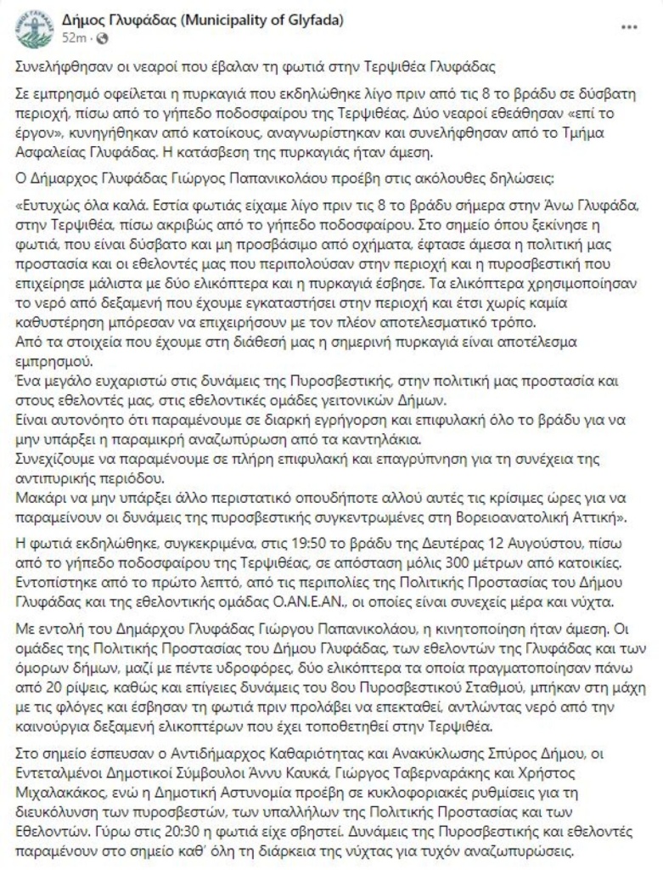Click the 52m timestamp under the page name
pyautogui.click(x=73, y=39)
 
